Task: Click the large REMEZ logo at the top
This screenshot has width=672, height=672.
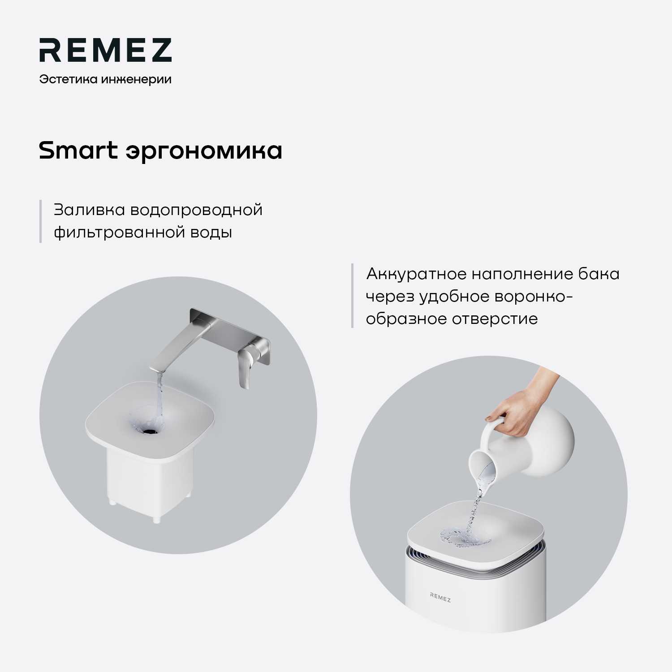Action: click(105, 50)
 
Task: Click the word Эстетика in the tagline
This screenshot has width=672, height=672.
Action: click(68, 79)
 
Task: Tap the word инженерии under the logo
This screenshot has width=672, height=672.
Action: click(136, 79)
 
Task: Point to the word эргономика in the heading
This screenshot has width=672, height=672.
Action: click(204, 151)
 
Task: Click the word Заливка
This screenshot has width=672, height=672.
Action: click(89, 210)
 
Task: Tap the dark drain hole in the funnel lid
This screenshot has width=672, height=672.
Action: click(149, 431)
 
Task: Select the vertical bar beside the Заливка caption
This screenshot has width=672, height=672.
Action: click(41, 221)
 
